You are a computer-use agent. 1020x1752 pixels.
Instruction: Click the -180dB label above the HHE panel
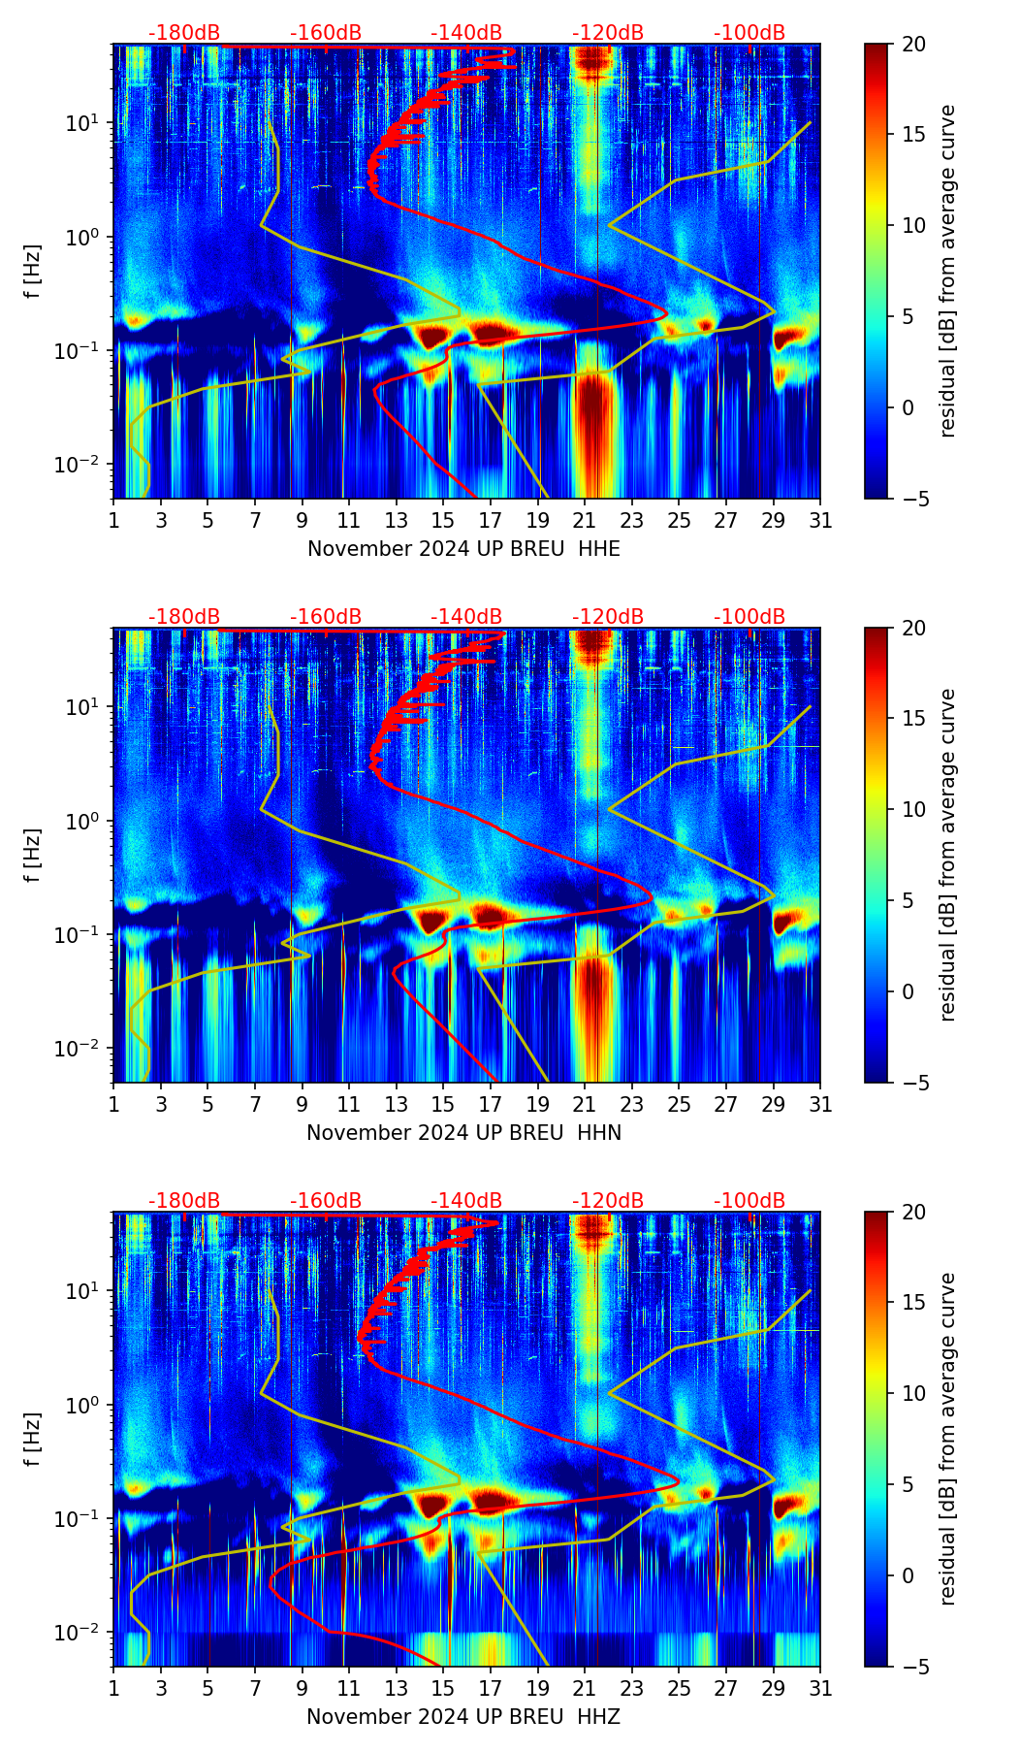[x=184, y=33]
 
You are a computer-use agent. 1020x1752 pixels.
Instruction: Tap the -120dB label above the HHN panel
[x=608, y=617]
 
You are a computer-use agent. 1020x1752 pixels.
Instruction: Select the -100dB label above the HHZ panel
[x=749, y=1201]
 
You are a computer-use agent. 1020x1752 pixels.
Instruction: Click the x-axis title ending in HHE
[x=463, y=549]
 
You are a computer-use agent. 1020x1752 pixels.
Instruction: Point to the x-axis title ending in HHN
[x=463, y=1133]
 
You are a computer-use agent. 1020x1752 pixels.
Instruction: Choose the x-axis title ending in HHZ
[x=463, y=1717]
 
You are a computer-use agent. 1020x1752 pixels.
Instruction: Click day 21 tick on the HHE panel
[x=585, y=521]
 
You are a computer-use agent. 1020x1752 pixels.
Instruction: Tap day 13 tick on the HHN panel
[x=397, y=1105]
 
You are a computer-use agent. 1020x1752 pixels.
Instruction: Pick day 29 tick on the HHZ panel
[x=774, y=1689]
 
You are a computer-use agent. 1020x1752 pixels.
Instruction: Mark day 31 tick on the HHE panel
[x=820, y=521]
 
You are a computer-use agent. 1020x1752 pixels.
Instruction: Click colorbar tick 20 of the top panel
[x=914, y=44]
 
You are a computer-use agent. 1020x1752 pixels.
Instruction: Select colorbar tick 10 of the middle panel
[x=914, y=809]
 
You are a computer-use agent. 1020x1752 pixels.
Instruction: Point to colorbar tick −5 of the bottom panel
[x=914, y=1667]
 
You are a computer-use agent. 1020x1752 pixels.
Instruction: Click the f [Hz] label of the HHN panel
[x=33, y=855]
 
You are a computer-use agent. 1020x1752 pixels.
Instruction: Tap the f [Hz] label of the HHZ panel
[x=33, y=1439]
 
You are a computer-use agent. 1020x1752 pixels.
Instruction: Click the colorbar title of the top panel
[x=948, y=271]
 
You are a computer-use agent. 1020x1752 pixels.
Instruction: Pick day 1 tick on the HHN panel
[x=113, y=1105]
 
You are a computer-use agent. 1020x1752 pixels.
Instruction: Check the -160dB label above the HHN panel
[x=326, y=617]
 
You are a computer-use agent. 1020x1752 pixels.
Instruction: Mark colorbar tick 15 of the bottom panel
[x=914, y=1303]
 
